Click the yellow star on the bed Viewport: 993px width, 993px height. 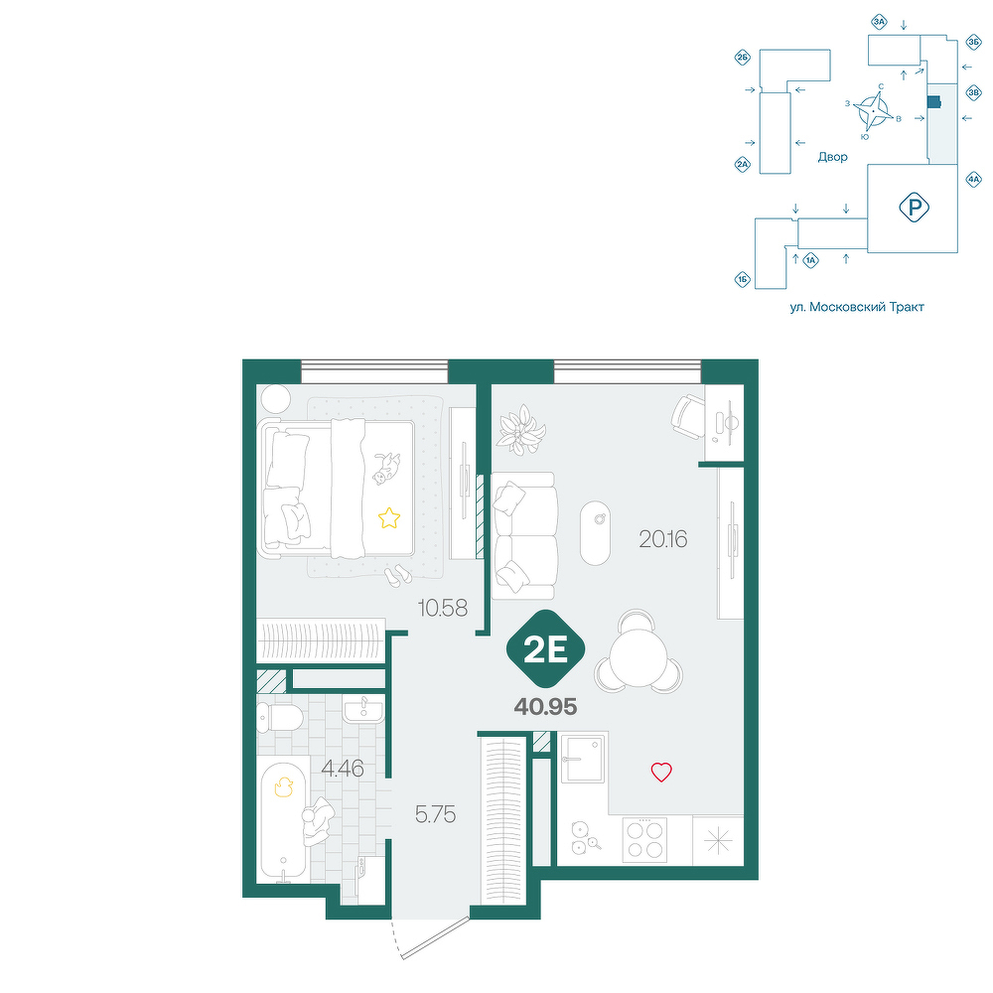pyautogui.click(x=389, y=518)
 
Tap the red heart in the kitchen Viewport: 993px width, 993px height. pyautogui.click(x=661, y=772)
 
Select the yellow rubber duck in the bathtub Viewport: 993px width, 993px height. pyautogui.click(x=283, y=786)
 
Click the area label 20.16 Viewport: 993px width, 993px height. pyautogui.click(x=662, y=539)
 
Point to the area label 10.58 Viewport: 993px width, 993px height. pyautogui.click(x=442, y=608)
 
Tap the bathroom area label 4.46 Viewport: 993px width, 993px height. pyautogui.click(x=342, y=769)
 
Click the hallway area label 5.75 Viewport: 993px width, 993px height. pyautogui.click(x=435, y=814)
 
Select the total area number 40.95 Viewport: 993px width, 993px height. pyautogui.click(x=545, y=707)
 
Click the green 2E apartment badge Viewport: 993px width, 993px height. pyautogui.click(x=545, y=649)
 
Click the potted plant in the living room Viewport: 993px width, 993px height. pyautogui.click(x=520, y=429)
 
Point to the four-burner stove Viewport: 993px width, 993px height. pyautogui.click(x=644, y=840)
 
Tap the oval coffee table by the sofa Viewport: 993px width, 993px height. pyautogui.click(x=595, y=532)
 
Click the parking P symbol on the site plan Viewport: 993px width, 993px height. pyautogui.click(x=914, y=208)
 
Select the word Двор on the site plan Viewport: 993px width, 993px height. pyautogui.click(x=832, y=157)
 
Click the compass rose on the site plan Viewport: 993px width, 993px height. pyautogui.click(x=873, y=111)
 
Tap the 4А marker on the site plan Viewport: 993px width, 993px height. pyautogui.click(x=973, y=179)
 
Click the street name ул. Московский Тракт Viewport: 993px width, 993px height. pyautogui.click(x=857, y=307)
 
